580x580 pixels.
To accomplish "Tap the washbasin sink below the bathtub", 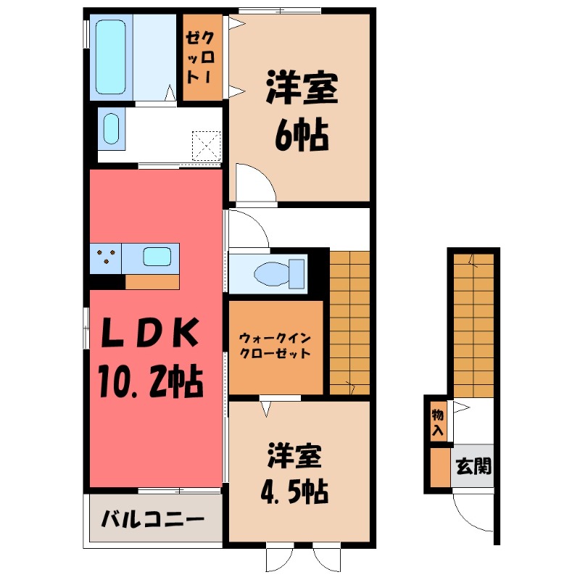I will [x=110, y=129].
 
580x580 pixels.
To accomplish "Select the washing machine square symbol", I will [x=206, y=144].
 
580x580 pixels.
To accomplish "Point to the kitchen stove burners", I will [x=106, y=258].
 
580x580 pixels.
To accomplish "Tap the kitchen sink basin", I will [x=157, y=257].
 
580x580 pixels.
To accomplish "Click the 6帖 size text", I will [x=300, y=133].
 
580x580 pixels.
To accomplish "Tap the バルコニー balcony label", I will [x=152, y=519].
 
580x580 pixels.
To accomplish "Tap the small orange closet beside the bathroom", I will [x=201, y=58].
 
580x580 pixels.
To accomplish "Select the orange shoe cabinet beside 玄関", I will [x=439, y=468].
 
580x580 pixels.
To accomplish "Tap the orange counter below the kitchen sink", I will [x=152, y=282].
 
